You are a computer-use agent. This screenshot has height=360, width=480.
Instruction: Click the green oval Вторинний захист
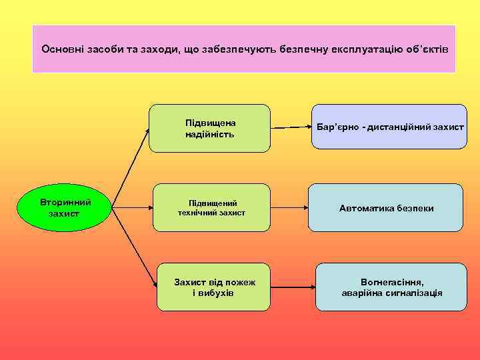[x=65, y=207]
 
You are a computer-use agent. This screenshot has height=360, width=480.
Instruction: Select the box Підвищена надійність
[x=209, y=129]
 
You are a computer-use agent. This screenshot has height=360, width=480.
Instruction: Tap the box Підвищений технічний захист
[x=211, y=207]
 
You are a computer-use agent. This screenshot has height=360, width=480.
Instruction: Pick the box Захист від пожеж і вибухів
[x=213, y=287]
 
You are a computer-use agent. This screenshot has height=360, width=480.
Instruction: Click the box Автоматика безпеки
[x=386, y=208]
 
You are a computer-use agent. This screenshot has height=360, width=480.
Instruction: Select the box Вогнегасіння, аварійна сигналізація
[x=391, y=287]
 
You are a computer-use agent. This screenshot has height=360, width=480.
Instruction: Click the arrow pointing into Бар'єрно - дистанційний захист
[x=291, y=125]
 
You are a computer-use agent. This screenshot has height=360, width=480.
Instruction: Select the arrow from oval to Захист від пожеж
[x=133, y=246]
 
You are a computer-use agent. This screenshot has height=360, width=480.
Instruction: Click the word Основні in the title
[x=60, y=49]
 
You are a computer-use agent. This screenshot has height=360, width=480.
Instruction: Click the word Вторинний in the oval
[x=65, y=201]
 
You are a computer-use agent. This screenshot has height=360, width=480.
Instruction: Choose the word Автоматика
[x=365, y=208]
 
